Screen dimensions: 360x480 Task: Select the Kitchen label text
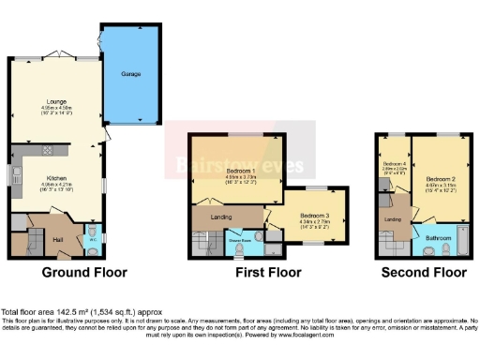tap(55, 176)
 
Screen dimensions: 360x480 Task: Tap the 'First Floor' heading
tap(269, 274)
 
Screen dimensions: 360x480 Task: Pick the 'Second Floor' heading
tap(424, 274)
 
